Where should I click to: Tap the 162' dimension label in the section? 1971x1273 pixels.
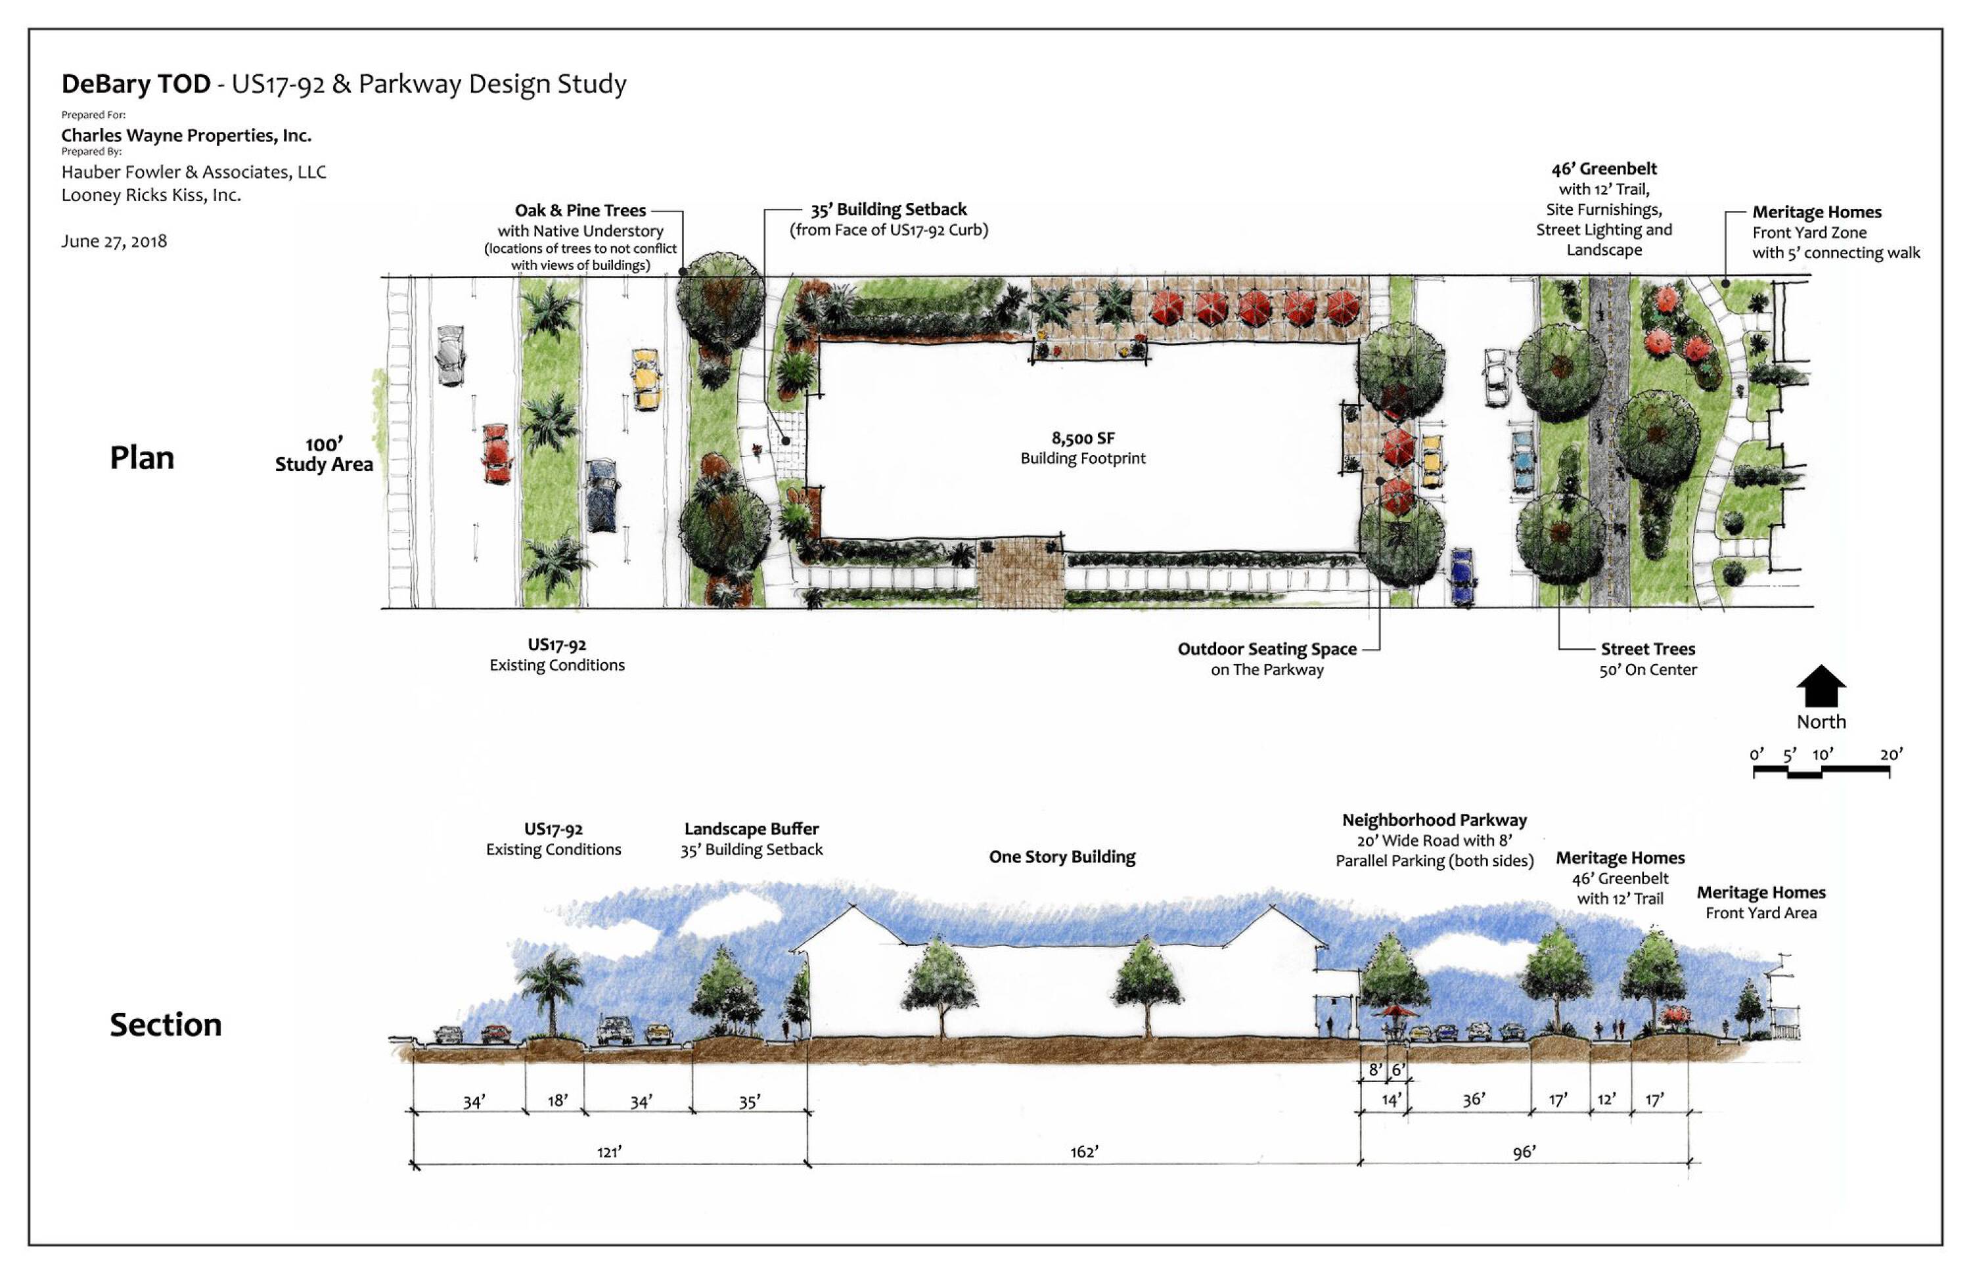pyautogui.click(x=1084, y=1152)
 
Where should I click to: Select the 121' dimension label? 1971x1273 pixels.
pyautogui.click(x=609, y=1152)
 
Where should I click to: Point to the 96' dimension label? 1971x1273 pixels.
pyautogui.click(x=1524, y=1152)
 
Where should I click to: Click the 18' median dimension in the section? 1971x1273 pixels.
pyautogui.click(x=557, y=1100)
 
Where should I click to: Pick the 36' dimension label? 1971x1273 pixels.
pyautogui.click(x=1473, y=1100)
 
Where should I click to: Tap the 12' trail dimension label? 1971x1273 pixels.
pyautogui.click(x=1606, y=1100)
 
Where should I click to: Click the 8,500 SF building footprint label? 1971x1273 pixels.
pyautogui.click(x=1083, y=439)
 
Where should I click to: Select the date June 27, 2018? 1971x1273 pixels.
pyautogui.click(x=114, y=241)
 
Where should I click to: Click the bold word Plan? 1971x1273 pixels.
pyautogui.click(x=142, y=458)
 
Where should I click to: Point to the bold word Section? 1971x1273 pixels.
pyautogui.click(x=166, y=1025)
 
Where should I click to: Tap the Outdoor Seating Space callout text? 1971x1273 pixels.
pyautogui.click(x=1267, y=650)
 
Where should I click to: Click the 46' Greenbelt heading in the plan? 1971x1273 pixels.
pyautogui.click(x=1604, y=169)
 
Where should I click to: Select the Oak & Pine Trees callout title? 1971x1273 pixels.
pyautogui.click(x=580, y=211)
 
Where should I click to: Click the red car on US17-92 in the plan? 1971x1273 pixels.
pyautogui.click(x=496, y=453)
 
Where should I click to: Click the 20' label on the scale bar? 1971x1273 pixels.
pyautogui.click(x=1891, y=754)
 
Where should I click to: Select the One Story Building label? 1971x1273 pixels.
pyautogui.click(x=1062, y=857)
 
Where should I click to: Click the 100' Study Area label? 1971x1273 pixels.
pyautogui.click(x=324, y=455)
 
